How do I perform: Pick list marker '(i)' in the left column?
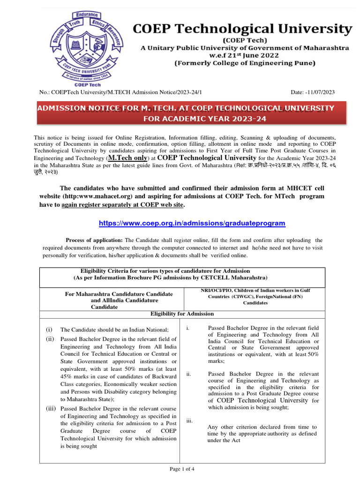coord(49,330)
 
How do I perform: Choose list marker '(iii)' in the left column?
coord(51,409)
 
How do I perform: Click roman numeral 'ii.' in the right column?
coord(189,374)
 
